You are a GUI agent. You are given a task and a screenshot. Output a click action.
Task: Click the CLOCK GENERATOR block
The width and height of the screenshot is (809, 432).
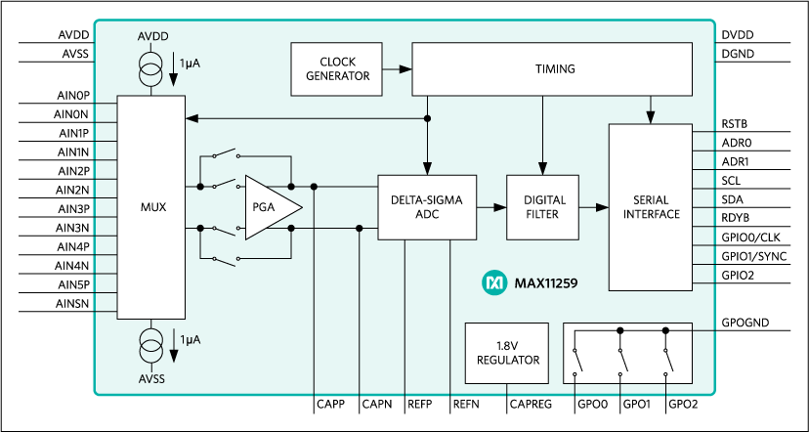click(x=337, y=69)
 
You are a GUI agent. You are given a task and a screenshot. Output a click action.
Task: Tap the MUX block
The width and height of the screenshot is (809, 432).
click(x=151, y=207)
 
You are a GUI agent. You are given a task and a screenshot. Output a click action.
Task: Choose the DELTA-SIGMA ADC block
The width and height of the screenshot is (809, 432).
click(x=427, y=207)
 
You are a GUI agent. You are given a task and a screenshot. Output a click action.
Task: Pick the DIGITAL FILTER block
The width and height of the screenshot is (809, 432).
click(x=542, y=207)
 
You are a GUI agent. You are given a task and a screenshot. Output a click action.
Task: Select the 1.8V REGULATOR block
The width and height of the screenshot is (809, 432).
click(x=507, y=353)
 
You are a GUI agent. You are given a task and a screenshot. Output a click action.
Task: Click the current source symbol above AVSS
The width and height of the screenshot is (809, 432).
click(x=151, y=343)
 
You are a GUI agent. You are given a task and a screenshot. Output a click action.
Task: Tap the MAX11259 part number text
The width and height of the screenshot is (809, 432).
click(x=547, y=283)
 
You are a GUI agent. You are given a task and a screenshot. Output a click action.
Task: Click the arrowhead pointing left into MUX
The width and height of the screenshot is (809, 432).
click(x=192, y=118)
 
